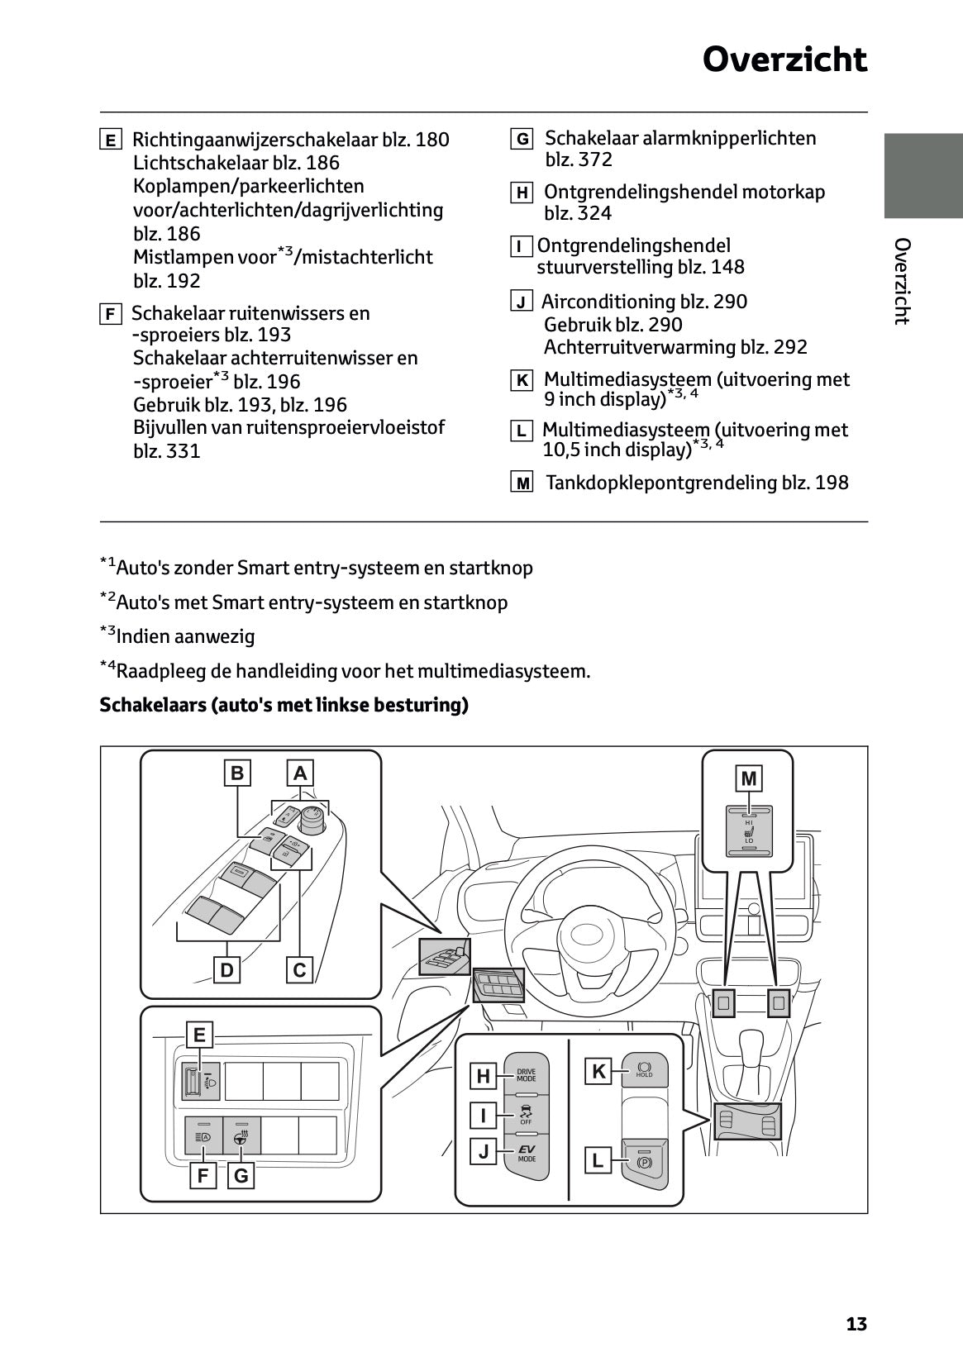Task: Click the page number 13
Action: point(856,1325)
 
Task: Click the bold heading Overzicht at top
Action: point(784,59)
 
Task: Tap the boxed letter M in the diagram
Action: point(748,778)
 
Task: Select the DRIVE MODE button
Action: point(526,1076)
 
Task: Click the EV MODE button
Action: point(526,1153)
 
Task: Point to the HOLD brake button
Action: point(644,1071)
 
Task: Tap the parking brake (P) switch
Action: point(645,1163)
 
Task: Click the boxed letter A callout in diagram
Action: point(300,773)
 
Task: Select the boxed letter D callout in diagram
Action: point(226,969)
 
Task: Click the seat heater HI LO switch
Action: point(749,831)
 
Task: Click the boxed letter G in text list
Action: point(522,140)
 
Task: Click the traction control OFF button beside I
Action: point(526,1114)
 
